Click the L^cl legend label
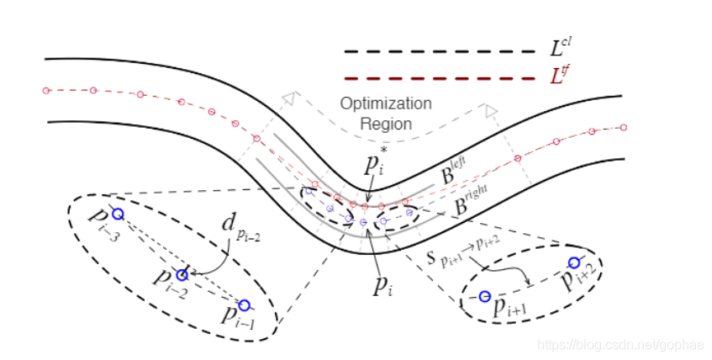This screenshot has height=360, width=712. pos(562,47)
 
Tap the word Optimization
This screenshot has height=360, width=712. pos(386,104)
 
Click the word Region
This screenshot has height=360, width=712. pos(386,124)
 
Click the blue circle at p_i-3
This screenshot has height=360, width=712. pos(118,214)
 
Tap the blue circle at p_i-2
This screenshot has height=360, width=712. pos(182,275)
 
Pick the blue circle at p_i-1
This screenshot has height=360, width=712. pos(244,304)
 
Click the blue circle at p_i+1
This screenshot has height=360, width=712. pos(484,296)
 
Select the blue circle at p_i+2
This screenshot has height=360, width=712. pos(574,262)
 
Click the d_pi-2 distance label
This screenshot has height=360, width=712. pos(240,227)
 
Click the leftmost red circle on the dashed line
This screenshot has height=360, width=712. pos(46,89)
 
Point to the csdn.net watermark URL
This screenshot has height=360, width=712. pos(622,344)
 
